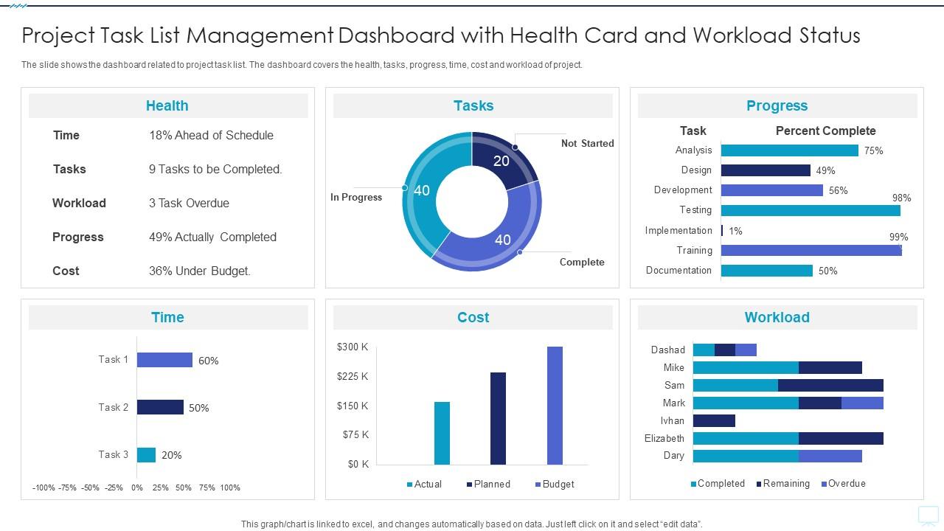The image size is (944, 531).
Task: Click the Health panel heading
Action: tap(167, 105)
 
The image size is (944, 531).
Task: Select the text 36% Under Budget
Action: tap(200, 271)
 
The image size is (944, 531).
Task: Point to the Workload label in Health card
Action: tap(79, 203)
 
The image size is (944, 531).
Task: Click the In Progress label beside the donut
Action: tap(356, 197)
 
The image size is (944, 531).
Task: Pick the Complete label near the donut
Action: tap(582, 262)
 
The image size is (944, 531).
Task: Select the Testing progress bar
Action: tap(811, 210)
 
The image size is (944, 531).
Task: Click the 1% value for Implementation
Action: tap(735, 231)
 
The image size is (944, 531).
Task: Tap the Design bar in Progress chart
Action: tap(766, 170)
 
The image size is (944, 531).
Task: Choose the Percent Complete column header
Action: tap(825, 131)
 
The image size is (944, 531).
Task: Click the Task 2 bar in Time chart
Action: tap(160, 407)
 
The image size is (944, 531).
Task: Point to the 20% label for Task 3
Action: tap(171, 455)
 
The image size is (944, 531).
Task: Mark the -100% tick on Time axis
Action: tap(44, 487)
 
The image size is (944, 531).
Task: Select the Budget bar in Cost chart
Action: tap(555, 405)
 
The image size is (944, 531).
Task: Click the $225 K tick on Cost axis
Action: tap(353, 376)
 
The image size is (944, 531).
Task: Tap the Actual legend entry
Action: tap(424, 484)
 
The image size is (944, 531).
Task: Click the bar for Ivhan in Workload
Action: tap(714, 420)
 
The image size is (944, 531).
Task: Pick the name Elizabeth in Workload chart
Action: tap(664, 438)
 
